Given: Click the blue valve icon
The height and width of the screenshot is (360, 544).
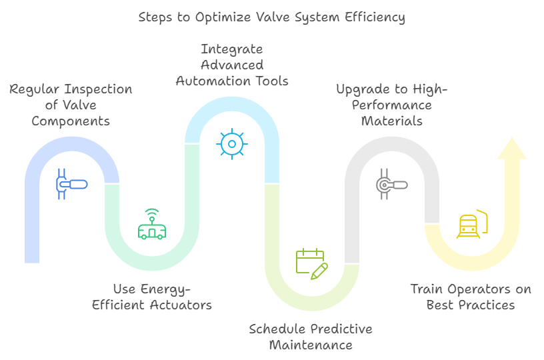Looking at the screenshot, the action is pyautogui.click(x=71, y=184).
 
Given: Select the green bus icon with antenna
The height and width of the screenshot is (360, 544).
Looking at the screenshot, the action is pyautogui.click(x=152, y=224).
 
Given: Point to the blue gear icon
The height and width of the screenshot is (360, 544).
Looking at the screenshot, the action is pyautogui.click(x=232, y=144).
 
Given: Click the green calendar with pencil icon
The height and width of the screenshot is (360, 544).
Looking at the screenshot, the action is pyautogui.click(x=311, y=264).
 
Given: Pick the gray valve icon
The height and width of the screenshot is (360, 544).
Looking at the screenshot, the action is pyautogui.click(x=392, y=184).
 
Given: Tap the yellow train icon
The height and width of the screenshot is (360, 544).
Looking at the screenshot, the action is pyautogui.click(x=472, y=224).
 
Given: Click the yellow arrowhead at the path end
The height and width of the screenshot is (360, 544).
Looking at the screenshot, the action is pyautogui.click(x=512, y=149).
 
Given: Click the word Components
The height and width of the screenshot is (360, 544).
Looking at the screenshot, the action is pyautogui.click(x=71, y=121).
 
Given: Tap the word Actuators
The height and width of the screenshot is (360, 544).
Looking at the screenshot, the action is pyautogui.click(x=181, y=305).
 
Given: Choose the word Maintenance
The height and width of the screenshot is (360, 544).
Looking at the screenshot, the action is pyautogui.click(x=311, y=345).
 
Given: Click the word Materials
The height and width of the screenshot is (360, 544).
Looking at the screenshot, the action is pyautogui.click(x=392, y=121).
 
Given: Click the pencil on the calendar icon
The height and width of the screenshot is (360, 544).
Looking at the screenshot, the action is pyautogui.click(x=319, y=271).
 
